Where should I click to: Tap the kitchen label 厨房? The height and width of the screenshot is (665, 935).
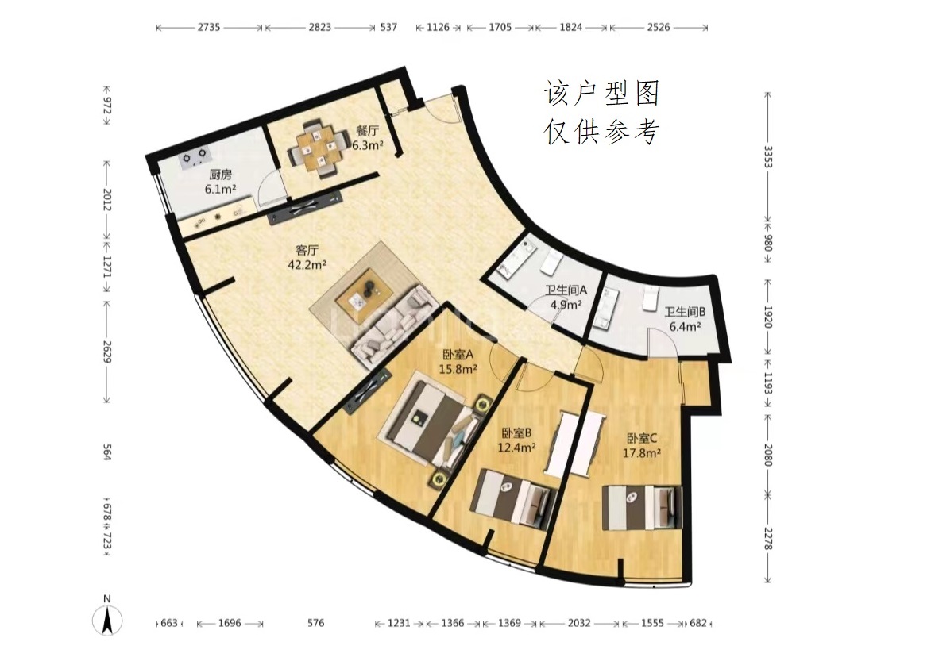point(220,175)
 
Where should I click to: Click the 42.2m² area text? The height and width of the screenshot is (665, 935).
point(307,264)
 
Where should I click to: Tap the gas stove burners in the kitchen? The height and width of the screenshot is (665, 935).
point(195,156)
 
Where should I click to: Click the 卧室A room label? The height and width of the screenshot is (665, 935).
point(458,355)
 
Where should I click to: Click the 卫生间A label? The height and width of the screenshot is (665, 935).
point(566,290)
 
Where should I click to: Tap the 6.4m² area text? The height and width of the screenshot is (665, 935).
point(685,326)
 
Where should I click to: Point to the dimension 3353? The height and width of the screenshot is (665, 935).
point(768,156)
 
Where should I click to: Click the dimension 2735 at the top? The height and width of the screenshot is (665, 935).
point(209,27)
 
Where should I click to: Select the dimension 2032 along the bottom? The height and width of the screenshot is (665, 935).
point(579,623)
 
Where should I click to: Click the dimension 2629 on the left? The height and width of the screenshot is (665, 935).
point(107,352)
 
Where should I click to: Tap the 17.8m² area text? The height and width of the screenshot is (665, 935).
point(642,453)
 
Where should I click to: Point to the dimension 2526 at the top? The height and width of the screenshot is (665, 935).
point(659,27)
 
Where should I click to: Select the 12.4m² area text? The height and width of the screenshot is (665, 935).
point(516,447)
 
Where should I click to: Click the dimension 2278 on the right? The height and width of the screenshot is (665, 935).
point(768,540)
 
